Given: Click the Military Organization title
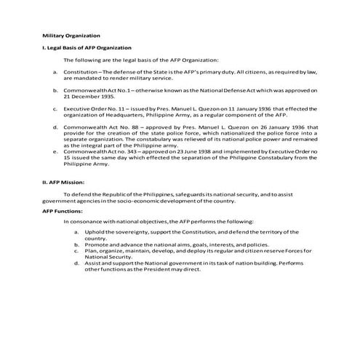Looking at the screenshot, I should [71, 35].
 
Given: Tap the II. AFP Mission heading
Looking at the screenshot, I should [64, 182].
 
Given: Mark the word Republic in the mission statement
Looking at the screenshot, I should [121, 194].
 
